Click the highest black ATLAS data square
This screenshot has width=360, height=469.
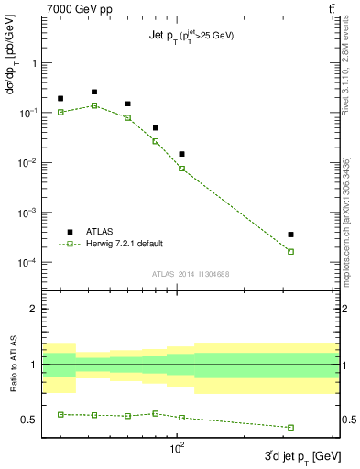(94, 92)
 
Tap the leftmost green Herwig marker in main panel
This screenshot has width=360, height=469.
(61, 112)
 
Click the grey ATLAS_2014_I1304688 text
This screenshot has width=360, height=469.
(190, 274)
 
